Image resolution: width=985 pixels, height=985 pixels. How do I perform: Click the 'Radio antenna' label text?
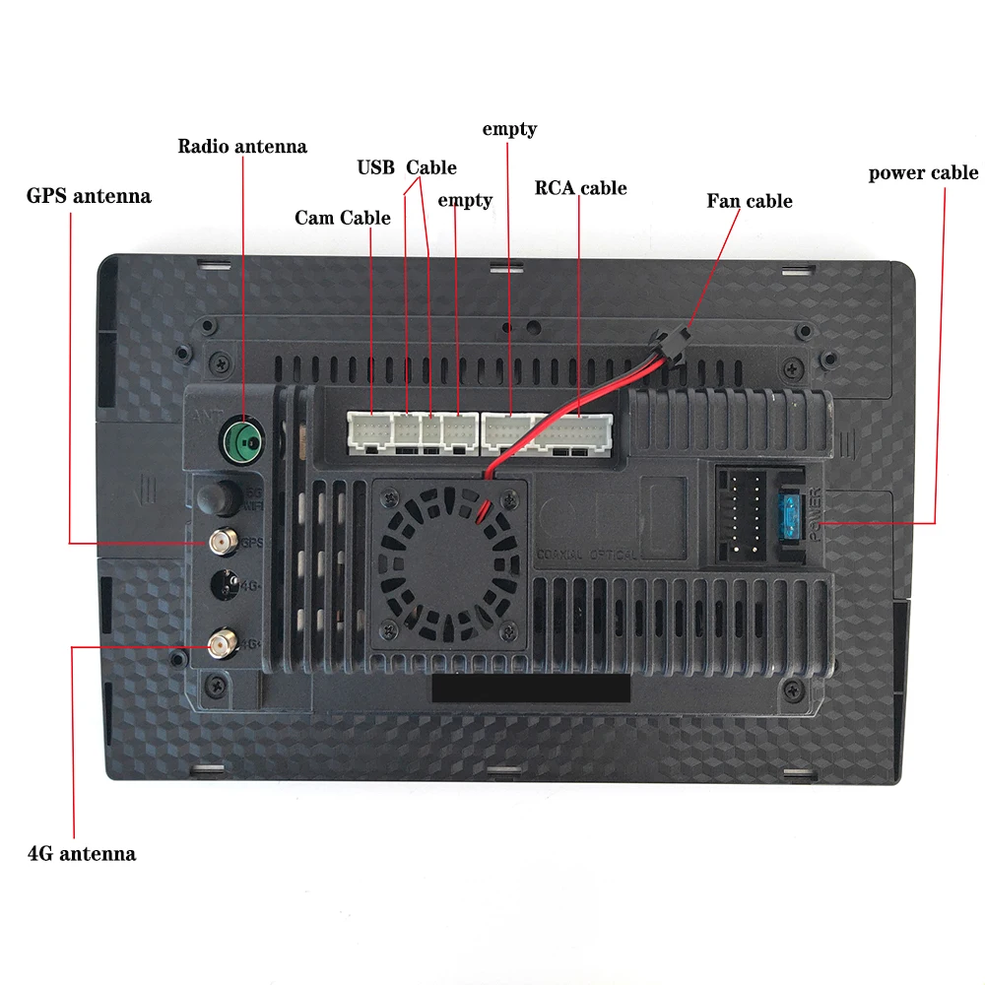click(242, 147)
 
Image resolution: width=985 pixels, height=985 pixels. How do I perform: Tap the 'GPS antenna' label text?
click(89, 196)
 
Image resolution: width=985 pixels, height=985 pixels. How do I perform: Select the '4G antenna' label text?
click(82, 853)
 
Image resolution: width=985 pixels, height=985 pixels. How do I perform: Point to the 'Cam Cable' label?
click(343, 218)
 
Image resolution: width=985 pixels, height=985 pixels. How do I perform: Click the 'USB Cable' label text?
click(406, 167)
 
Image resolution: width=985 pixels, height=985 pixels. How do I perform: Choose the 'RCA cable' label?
click(580, 188)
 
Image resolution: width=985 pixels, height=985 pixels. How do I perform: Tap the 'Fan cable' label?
click(749, 201)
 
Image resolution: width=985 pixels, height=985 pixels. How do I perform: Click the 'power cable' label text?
click(923, 173)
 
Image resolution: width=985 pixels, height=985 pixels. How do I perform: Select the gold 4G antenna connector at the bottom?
click(221, 645)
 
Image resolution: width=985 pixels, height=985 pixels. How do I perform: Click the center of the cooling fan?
click(448, 560)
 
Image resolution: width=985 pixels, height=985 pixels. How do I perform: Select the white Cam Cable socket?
click(368, 430)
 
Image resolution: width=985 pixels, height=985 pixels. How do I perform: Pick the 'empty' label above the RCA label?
click(509, 129)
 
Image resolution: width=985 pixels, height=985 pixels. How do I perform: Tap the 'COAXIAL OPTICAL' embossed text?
click(586, 555)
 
